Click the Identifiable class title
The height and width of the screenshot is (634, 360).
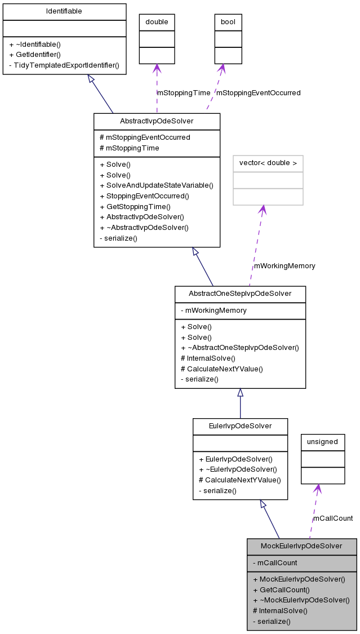tap(64, 11)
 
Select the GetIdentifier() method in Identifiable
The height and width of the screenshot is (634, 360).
tap(35, 55)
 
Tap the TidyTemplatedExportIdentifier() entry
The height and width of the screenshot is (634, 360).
tap(64, 65)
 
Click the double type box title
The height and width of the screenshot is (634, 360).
tap(157, 22)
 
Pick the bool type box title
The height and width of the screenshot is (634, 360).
tap(228, 22)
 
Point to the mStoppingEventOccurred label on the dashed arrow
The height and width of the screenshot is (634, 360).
tap(258, 92)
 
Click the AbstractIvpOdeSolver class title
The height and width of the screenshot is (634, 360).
tap(157, 121)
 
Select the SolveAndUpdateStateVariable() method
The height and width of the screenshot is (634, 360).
tap(156, 185)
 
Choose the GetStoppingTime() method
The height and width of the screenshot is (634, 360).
tap(135, 207)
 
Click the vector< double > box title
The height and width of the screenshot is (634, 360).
tap(268, 163)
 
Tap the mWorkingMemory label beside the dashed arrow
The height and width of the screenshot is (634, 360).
tap(285, 265)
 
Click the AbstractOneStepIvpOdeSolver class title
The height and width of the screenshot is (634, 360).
tap(240, 294)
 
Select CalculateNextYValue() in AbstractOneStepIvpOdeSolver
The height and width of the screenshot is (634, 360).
tap(221, 369)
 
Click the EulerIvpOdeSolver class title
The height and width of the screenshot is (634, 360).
tap(240, 426)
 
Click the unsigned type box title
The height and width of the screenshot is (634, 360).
tap(322, 442)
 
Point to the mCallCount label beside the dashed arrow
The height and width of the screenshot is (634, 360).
tap(333, 518)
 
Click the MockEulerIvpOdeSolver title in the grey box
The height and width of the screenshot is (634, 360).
tap(301, 546)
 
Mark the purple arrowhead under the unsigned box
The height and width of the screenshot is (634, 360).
tap(318, 489)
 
